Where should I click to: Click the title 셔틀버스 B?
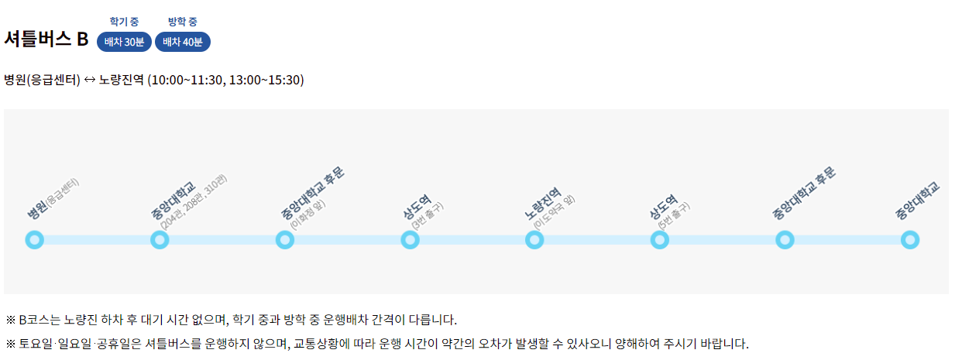click(x=46, y=39)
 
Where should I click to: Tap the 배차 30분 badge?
click(x=124, y=42)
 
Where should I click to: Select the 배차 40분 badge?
click(x=183, y=42)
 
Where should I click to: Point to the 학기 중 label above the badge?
click(x=124, y=21)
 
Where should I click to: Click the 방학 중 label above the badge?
click(x=183, y=21)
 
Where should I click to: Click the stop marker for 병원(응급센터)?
click(x=34, y=240)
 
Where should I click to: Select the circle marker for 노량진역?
click(x=534, y=240)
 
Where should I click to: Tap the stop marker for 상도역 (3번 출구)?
click(x=410, y=240)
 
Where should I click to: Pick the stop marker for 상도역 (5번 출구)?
click(x=660, y=240)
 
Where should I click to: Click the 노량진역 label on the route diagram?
click(x=542, y=204)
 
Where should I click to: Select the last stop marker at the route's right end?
click(x=910, y=240)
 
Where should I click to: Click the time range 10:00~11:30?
click(x=185, y=80)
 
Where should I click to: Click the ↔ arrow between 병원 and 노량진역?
click(x=90, y=80)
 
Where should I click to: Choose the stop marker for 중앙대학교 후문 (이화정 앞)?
click(x=284, y=240)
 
